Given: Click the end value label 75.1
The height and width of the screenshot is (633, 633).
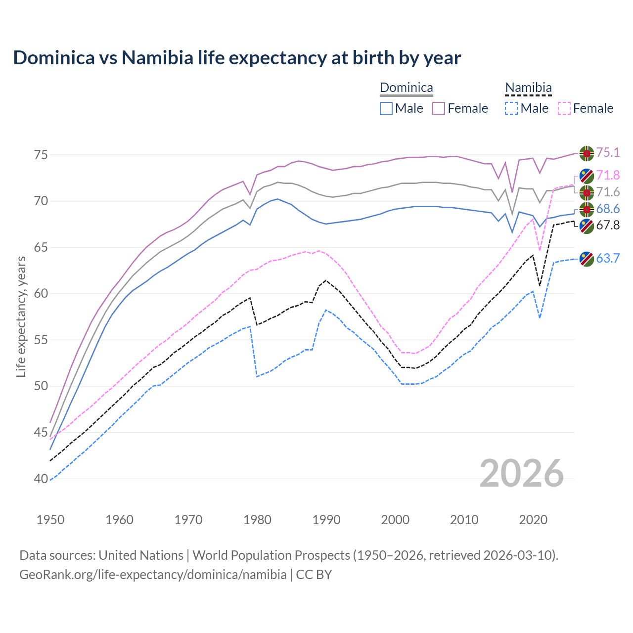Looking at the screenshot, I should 608,152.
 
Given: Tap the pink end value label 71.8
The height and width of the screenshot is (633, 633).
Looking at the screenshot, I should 608,175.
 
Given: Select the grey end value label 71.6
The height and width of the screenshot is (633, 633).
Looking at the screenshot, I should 608,192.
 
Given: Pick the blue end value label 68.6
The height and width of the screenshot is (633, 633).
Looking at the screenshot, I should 608,209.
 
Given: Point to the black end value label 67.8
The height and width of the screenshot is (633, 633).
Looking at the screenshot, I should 608,225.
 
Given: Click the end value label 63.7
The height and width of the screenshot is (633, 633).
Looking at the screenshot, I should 608,258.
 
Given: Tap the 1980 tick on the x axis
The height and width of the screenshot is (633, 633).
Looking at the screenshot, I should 258,520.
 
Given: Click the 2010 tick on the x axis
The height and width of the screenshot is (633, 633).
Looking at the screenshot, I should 464,520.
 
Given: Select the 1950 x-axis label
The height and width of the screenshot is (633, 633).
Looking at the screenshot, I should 50,520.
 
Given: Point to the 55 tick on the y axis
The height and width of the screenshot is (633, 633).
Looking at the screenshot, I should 41,340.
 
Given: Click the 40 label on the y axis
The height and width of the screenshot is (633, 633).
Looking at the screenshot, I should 41,479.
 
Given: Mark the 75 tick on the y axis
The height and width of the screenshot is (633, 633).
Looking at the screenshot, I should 41,155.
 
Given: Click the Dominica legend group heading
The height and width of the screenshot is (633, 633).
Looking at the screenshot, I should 406,88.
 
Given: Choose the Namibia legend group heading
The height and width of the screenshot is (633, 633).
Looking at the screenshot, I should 528,88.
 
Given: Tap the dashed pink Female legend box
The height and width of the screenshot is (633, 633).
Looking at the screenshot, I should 564,108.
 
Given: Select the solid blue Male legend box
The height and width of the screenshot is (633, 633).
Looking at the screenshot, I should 386,108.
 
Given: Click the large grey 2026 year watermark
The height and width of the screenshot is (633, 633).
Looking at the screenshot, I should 522,473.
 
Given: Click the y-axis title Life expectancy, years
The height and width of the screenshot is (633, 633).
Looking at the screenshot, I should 21,316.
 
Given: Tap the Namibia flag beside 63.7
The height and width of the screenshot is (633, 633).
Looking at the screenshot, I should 587,259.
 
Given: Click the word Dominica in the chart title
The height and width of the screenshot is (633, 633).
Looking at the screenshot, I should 53,58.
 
